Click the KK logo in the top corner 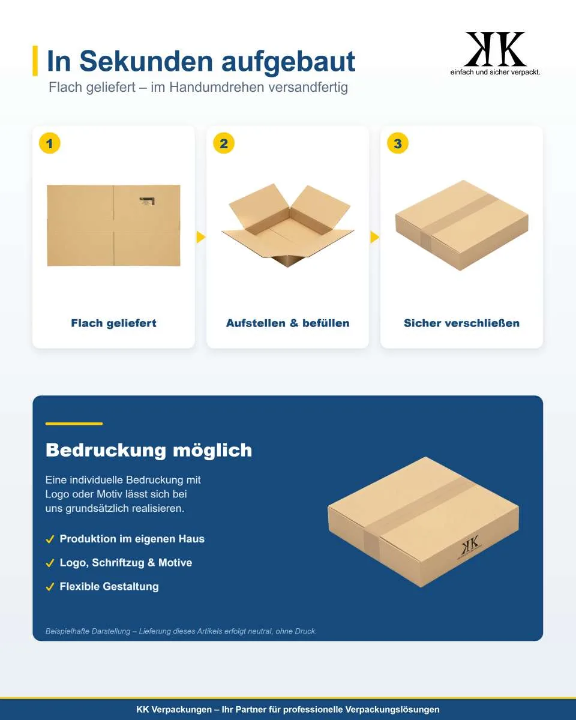pyautogui.click(x=495, y=50)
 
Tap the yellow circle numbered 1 pyautogui.click(x=50, y=143)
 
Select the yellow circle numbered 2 pyautogui.click(x=224, y=143)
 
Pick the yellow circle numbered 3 pyautogui.click(x=398, y=143)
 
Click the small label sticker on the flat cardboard pyautogui.click(x=147, y=201)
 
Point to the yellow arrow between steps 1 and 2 pyautogui.click(x=201, y=237)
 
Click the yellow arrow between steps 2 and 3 pyautogui.click(x=375, y=237)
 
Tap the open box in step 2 pyautogui.click(x=288, y=225)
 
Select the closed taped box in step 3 pyautogui.click(x=461, y=225)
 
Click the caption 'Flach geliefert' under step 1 pyautogui.click(x=113, y=323)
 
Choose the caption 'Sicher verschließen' pyautogui.click(x=461, y=323)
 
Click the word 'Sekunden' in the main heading pyautogui.click(x=146, y=61)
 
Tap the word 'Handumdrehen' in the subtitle pyautogui.click(x=215, y=88)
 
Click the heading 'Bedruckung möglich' pyautogui.click(x=149, y=451)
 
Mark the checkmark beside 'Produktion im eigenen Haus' pyautogui.click(x=50, y=539)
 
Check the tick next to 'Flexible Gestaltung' pyautogui.click(x=50, y=587)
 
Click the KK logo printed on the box pyautogui.click(x=470, y=547)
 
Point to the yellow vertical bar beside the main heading pyautogui.click(x=35, y=61)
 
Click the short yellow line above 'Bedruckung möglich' pyautogui.click(x=74, y=424)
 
